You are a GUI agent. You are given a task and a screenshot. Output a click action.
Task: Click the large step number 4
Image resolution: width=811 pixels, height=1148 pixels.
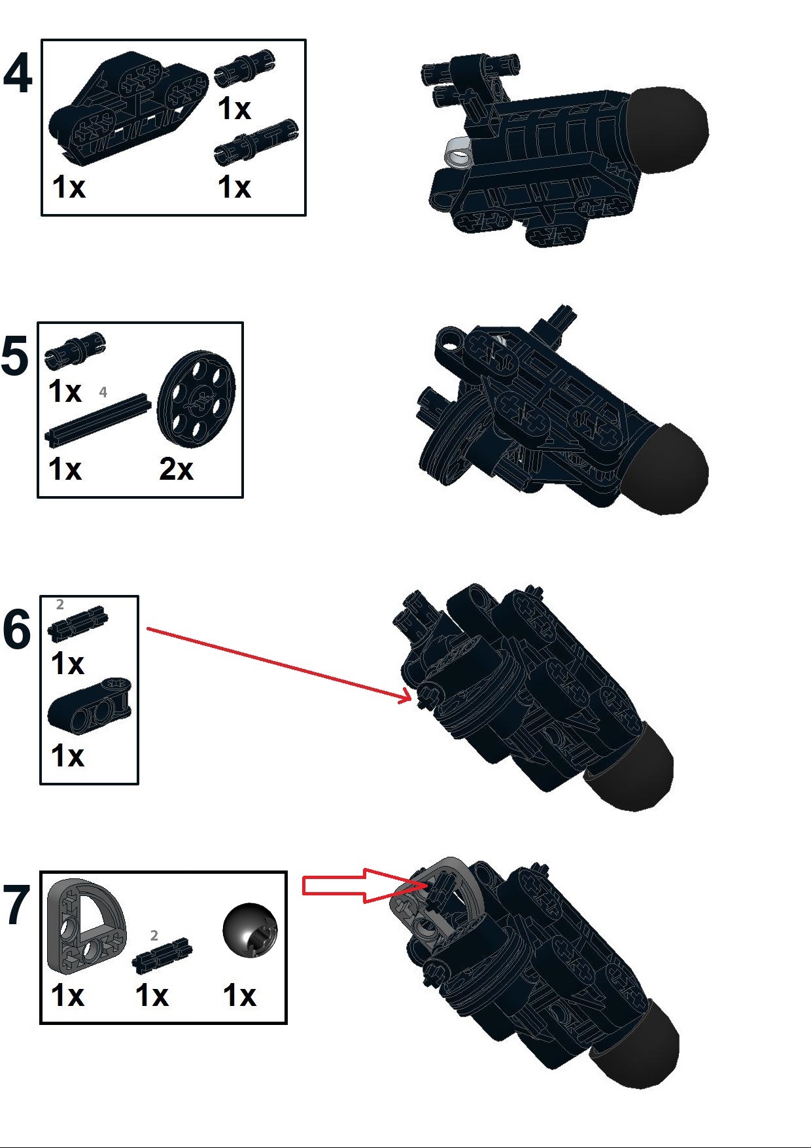(18, 73)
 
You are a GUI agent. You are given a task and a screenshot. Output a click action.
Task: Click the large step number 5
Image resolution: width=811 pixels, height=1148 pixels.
(15, 357)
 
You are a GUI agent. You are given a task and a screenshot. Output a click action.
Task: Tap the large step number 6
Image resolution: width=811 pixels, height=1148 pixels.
(16, 630)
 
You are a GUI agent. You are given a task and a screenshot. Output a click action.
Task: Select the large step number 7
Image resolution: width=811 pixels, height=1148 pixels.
(16, 906)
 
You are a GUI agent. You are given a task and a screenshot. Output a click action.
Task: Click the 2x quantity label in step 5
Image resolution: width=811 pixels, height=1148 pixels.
(176, 469)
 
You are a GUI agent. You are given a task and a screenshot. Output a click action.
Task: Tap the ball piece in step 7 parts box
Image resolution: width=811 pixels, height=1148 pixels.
(250, 930)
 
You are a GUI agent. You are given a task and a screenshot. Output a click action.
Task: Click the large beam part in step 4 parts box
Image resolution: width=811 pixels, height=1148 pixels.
(128, 105)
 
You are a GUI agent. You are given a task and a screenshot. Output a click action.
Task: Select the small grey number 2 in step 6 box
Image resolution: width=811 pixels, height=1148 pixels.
(60, 604)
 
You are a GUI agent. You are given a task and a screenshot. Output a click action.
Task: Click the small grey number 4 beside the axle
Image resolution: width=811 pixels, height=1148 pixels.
(103, 392)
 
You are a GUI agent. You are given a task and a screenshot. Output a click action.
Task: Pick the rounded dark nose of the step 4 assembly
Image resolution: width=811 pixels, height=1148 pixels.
(670, 129)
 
